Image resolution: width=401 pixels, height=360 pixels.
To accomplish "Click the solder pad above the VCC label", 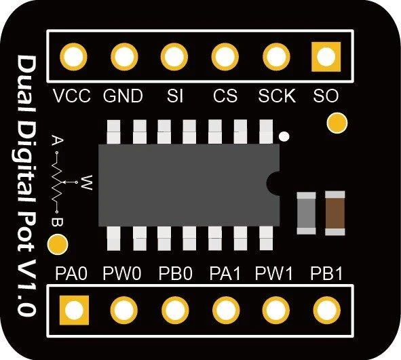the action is coord(73,57).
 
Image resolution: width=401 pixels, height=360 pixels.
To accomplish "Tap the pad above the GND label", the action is coord(124,57).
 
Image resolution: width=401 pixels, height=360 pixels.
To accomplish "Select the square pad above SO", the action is coord(326,57).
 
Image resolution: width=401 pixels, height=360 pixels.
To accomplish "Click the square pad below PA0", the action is coord(74,311).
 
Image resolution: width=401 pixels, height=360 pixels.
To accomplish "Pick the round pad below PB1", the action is coord(326,311).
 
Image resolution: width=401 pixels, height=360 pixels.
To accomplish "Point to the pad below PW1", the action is coord(275,311).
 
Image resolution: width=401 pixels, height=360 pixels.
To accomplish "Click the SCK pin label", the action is coord(277,96).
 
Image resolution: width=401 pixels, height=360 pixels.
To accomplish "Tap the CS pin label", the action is coord(225,96).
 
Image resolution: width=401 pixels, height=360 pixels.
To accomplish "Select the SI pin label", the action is coord(175,96).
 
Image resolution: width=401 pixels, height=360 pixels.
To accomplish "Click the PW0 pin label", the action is coord(121,273).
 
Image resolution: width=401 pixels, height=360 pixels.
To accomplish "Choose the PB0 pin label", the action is coord(175,273).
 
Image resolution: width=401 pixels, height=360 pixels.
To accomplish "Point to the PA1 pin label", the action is coord(225,273).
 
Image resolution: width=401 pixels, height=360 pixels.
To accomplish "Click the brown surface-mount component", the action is coord(335,213).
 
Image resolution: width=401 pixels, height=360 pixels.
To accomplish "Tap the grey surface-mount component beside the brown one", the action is coord(306,214).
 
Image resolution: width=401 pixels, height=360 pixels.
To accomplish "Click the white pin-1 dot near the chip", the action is coord(284,136).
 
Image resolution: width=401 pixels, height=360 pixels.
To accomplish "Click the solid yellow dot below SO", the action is coord(337,123).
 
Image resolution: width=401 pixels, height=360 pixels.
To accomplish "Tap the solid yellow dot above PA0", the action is coord(58,245).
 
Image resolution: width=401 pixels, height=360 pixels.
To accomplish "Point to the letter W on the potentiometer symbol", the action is coord(86,182).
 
